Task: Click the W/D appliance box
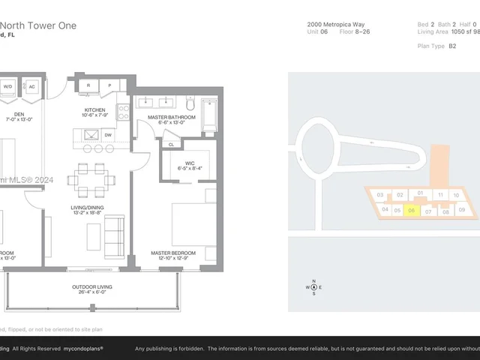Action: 8,86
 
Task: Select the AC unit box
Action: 32,86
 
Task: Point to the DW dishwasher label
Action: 109,136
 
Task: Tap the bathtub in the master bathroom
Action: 209,115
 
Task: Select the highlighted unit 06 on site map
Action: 412,211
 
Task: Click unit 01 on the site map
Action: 421,193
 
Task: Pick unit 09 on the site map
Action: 462,210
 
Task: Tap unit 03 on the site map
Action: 381,195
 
